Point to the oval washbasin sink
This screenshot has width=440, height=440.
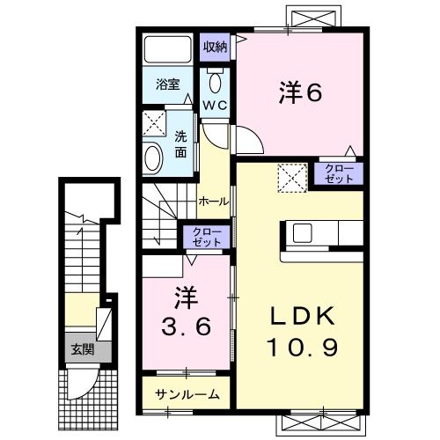click(x=154, y=158)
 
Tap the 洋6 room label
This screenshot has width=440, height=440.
click(x=300, y=91)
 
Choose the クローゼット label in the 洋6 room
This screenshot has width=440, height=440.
click(x=339, y=172)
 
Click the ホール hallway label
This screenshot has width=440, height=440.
click(x=214, y=201)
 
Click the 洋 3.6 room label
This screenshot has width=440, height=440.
click(x=186, y=312)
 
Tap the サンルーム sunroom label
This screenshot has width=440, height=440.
click(x=187, y=394)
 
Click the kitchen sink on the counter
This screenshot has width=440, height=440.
click(x=302, y=233)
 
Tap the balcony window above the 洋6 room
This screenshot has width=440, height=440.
click(x=312, y=18)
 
